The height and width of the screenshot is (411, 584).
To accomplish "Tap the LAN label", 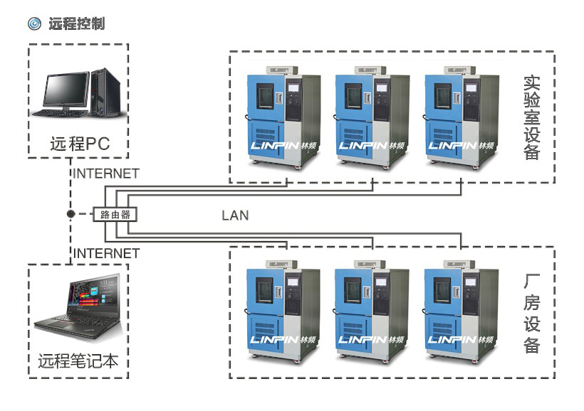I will point(234,215).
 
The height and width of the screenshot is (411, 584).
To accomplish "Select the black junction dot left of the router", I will point(70,213).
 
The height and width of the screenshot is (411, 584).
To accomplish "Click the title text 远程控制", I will point(76,23).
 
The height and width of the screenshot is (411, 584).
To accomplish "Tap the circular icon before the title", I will point(34,23).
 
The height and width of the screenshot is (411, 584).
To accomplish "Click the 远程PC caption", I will point(79,143).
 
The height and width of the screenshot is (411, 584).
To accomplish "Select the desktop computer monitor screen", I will point(67,90).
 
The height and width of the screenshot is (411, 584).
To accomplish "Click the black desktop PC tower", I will point(104,92).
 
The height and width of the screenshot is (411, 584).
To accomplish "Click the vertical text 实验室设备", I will point(531,117).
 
